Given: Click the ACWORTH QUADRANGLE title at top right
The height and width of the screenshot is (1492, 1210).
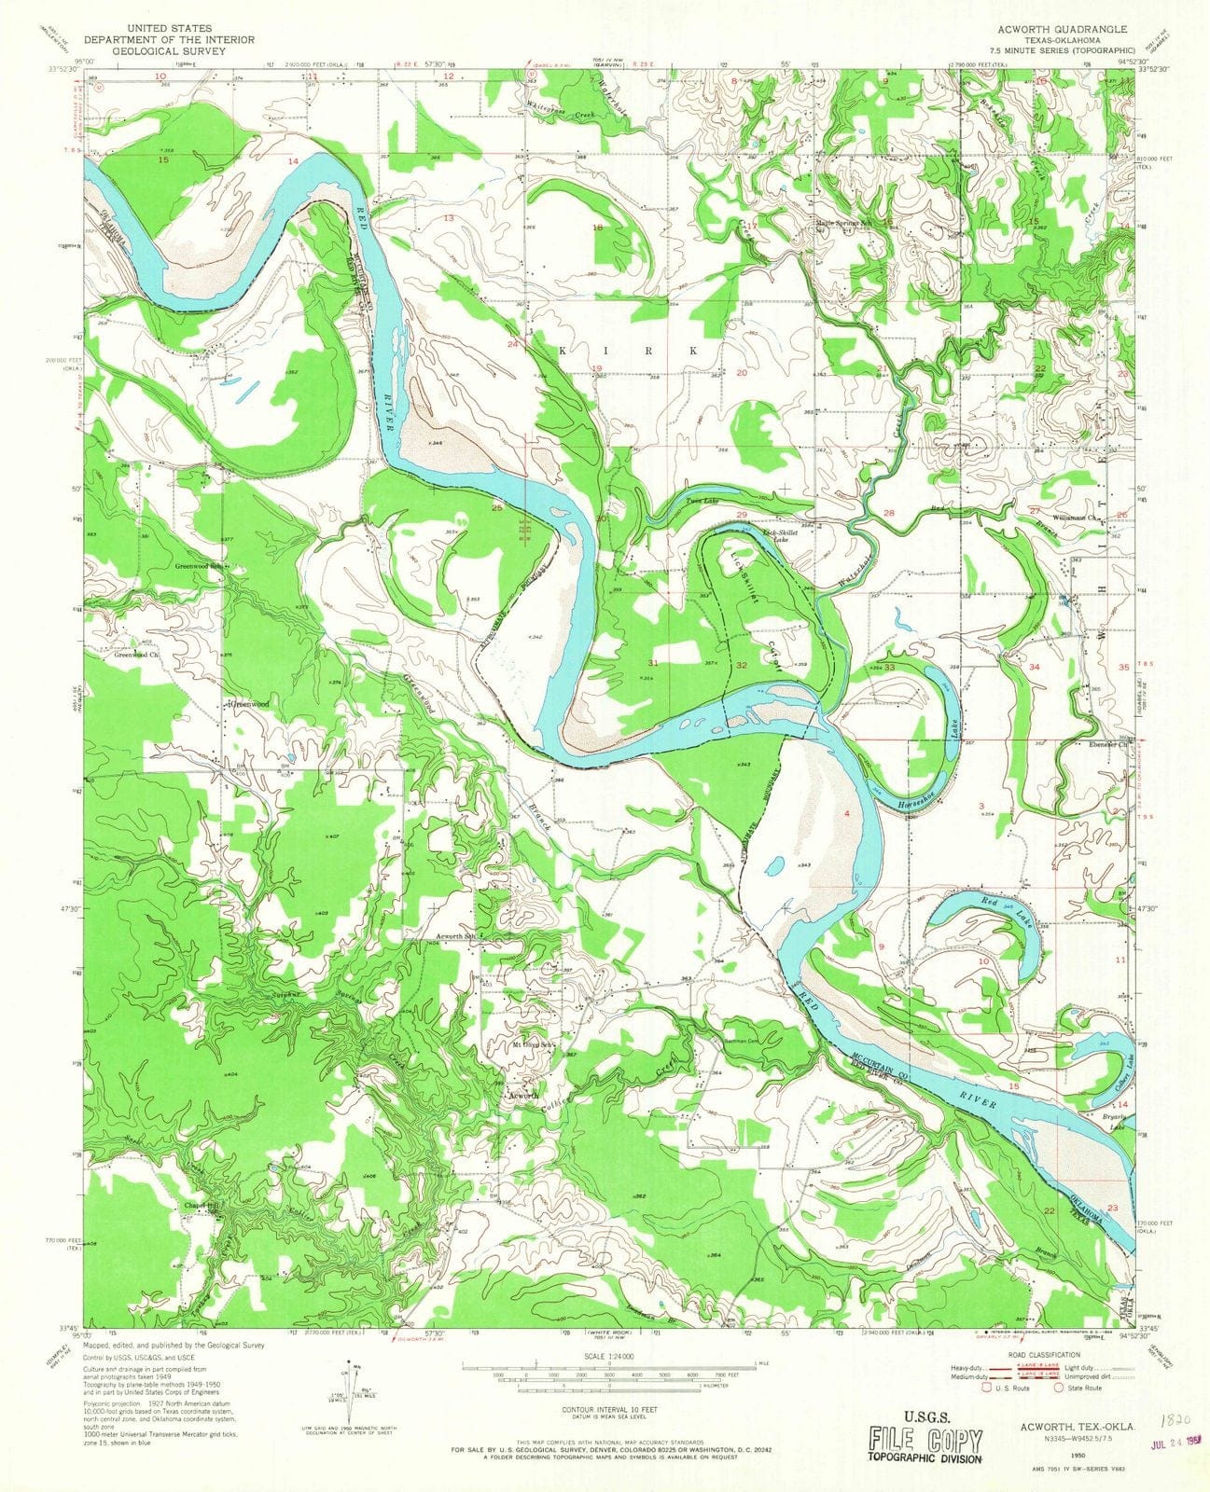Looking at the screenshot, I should click(1063, 29).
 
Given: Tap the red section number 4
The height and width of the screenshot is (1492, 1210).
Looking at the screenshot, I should click(846, 814).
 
